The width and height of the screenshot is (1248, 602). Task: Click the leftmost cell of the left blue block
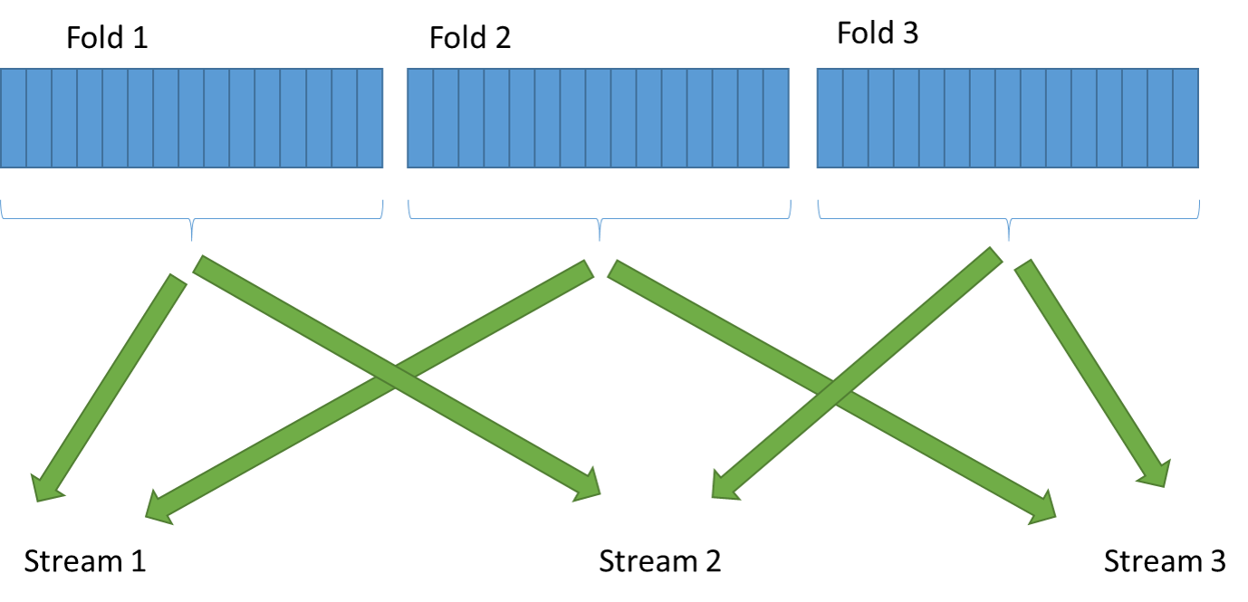(13, 118)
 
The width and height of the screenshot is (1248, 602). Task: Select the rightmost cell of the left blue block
(370, 118)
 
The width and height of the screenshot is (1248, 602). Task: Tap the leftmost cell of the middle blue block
(420, 118)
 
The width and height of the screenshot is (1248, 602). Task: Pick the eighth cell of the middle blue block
(598, 118)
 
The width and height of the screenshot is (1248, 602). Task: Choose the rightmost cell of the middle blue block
(776, 118)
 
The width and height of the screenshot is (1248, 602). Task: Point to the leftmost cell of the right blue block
(830, 118)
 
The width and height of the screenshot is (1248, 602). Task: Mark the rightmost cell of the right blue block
(1186, 118)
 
